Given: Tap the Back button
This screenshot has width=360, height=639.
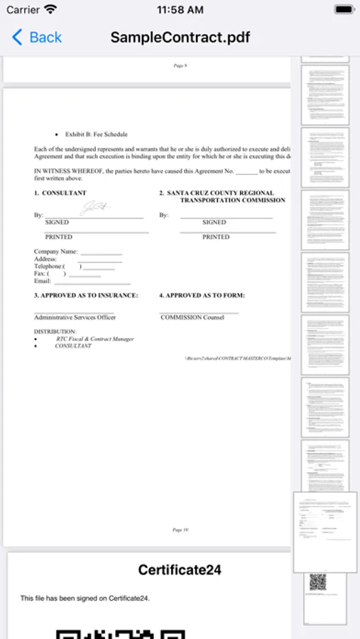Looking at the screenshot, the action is click(37, 37).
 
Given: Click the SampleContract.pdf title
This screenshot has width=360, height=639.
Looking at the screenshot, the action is click(180, 37).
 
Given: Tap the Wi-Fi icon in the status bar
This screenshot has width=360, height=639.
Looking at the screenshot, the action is click(50, 10).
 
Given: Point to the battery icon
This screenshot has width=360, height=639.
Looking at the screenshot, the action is click(344, 10).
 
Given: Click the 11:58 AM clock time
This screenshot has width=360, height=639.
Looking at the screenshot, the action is click(180, 10).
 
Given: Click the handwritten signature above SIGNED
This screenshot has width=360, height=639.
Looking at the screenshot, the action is click(94, 208).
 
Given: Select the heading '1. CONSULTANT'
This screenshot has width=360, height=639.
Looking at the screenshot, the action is click(60, 193).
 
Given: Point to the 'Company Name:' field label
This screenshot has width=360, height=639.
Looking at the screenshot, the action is click(56, 252).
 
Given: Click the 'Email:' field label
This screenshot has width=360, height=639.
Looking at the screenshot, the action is click(43, 281).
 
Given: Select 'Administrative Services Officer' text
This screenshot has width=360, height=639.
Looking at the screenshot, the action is click(75, 317).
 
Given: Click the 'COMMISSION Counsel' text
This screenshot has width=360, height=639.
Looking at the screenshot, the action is click(192, 317).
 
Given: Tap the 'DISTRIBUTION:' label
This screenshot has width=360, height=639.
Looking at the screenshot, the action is click(55, 332).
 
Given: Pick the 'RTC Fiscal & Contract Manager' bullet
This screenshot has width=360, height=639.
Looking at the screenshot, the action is click(95, 339).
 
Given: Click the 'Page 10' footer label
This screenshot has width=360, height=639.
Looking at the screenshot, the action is click(180, 530).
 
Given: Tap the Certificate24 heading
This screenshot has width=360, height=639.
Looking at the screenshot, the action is click(180, 569).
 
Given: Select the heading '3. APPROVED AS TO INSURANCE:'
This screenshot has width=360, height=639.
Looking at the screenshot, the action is click(86, 295).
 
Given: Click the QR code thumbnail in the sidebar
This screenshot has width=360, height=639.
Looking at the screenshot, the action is click(317, 582).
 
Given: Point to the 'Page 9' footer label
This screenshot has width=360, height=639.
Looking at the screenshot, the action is click(180, 65).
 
